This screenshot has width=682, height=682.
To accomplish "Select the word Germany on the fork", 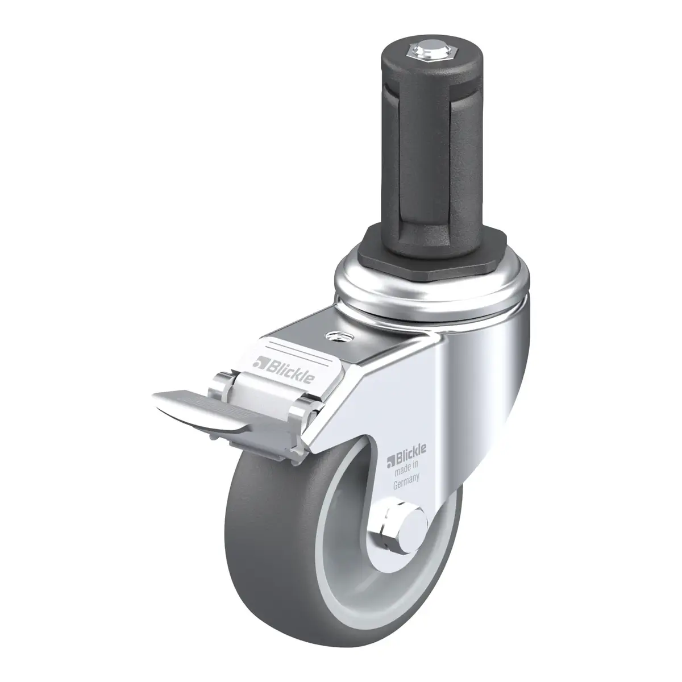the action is (406, 482).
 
